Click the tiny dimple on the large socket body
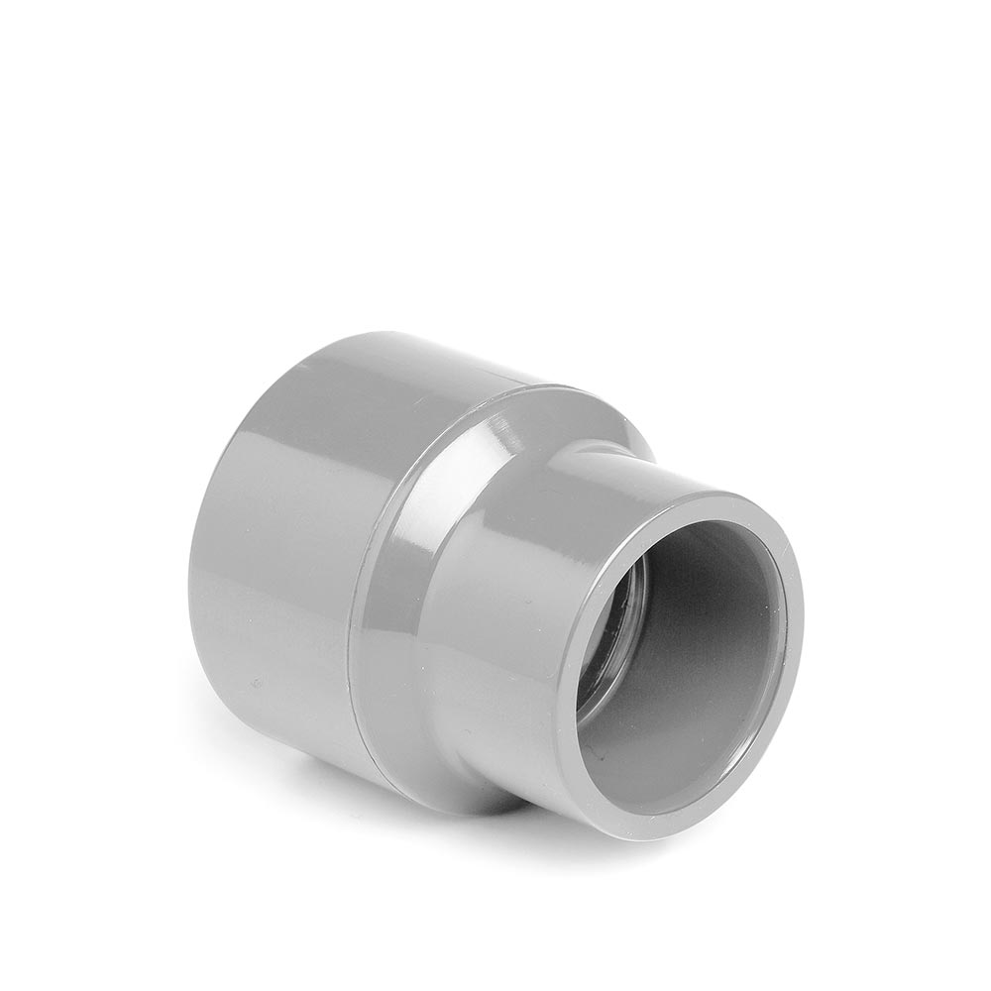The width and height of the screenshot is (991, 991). coord(257,683)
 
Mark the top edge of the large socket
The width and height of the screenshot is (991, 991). coord(396,342)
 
